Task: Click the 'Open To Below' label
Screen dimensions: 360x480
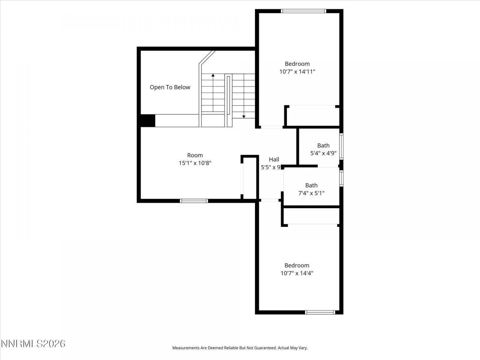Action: [x=170, y=87]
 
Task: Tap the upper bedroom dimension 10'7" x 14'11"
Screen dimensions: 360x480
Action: [x=297, y=71]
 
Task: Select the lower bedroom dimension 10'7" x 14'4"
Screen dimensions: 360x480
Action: [x=297, y=273]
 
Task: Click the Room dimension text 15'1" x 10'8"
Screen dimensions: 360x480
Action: [x=195, y=163]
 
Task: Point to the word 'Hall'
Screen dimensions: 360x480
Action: [x=274, y=159]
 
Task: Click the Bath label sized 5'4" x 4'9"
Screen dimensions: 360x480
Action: [x=323, y=145]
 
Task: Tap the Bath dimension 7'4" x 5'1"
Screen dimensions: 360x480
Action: [x=311, y=193]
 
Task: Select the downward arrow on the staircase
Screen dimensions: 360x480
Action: [x=244, y=117]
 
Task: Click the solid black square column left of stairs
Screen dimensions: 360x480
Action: [x=147, y=120]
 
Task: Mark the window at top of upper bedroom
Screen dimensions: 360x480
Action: [x=304, y=11]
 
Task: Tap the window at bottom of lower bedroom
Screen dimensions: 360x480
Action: [x=320, y=312]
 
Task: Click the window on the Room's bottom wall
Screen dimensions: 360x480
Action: [x=194, y=201]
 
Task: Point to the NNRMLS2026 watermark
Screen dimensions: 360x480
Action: [x=33, y=343]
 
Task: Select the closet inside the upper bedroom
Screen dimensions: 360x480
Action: [x=312, y=116]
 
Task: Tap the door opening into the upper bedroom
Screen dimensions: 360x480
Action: [x=271, y=127]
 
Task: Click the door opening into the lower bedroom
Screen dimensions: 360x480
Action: [x=269, y=200]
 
